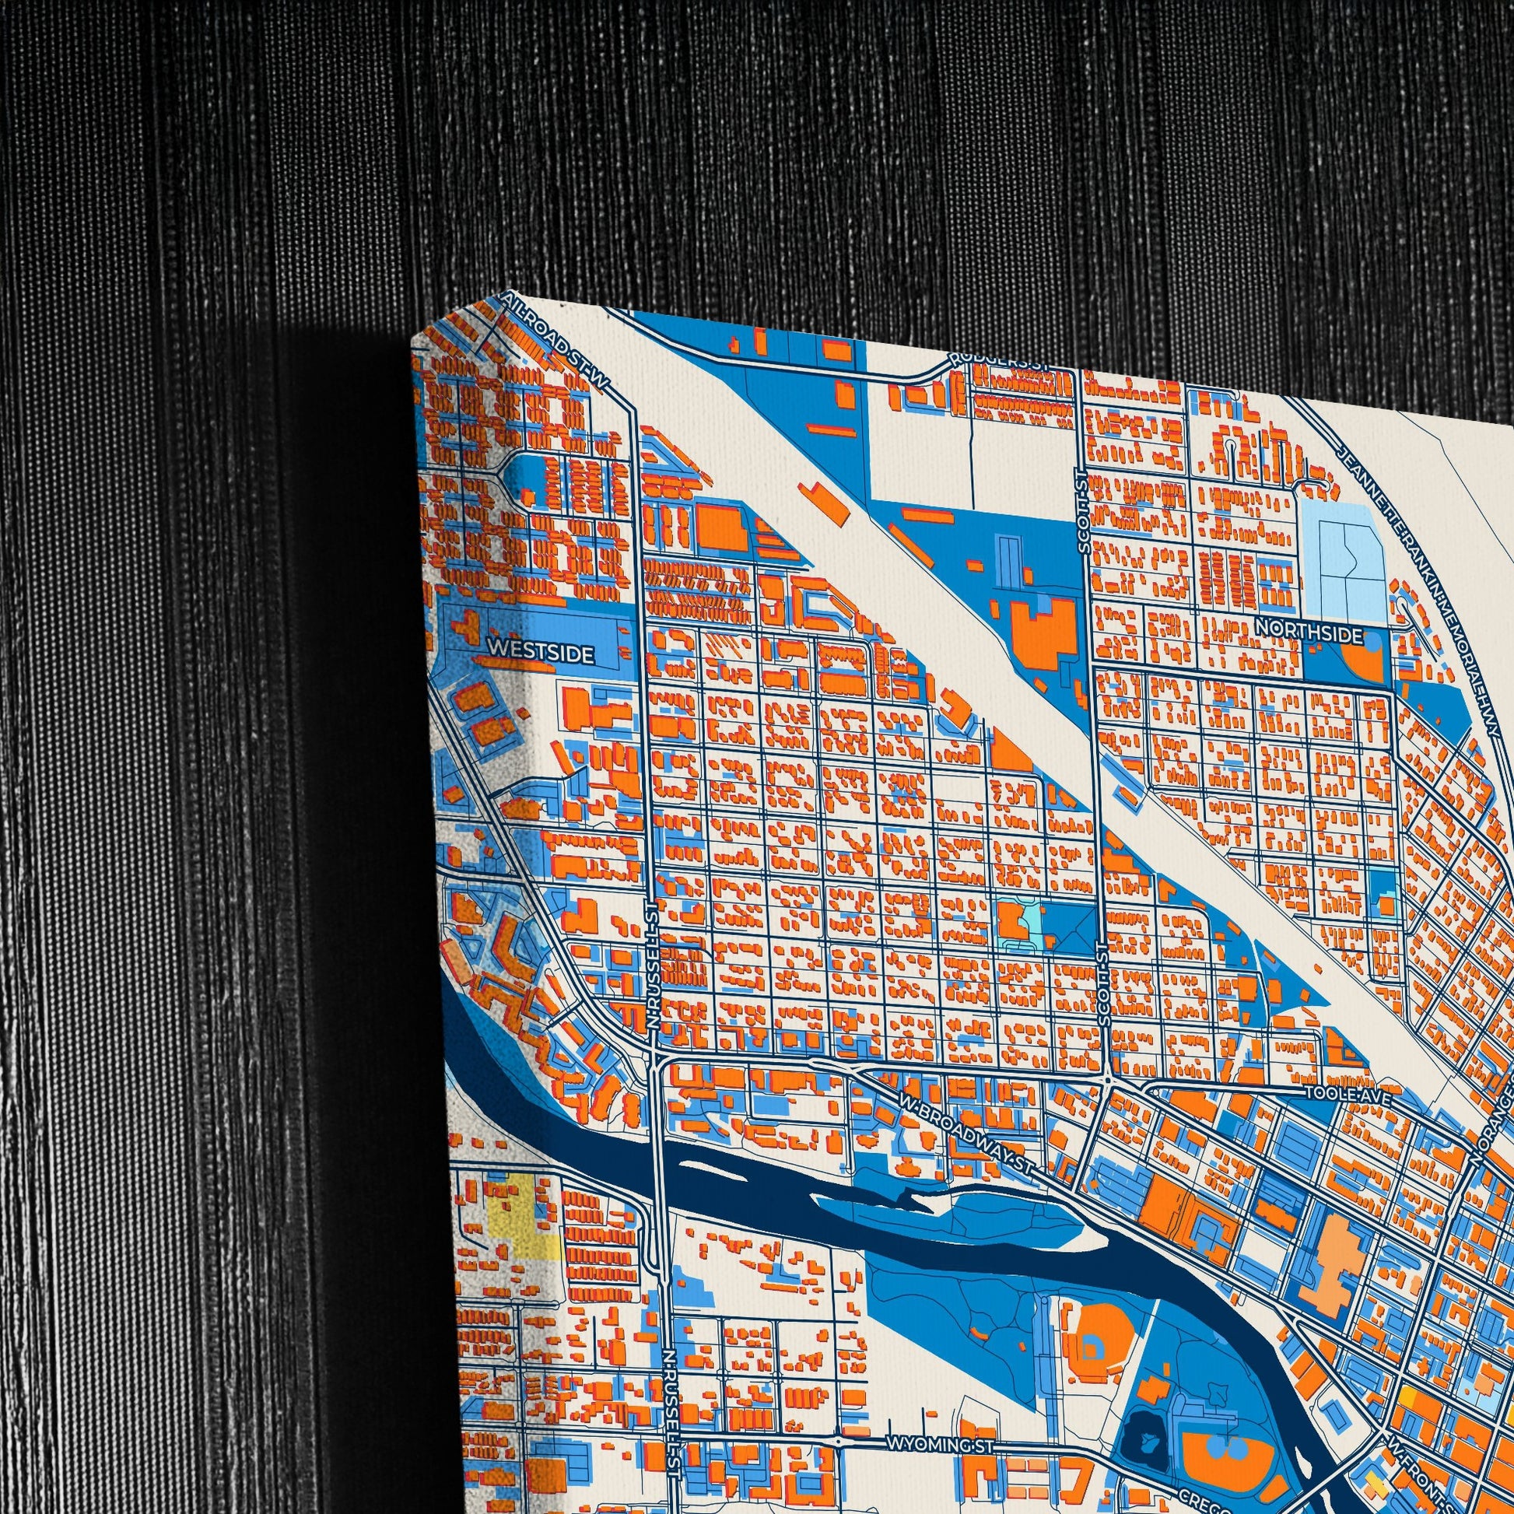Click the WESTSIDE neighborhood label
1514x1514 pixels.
tap(541, 651)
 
